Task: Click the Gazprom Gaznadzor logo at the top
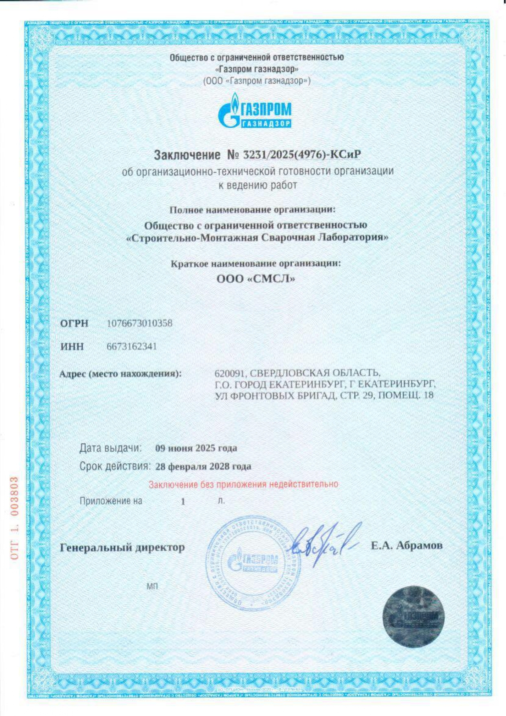(x=255, y=111)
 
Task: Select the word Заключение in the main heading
(x=187, y=155)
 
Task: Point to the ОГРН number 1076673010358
(x=139, y=324)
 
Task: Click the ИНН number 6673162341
(x=132, y=347)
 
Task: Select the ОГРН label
(x=74, y=324)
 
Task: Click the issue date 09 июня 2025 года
(x=196, y=448)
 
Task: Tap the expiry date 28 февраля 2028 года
(x=203, y=466)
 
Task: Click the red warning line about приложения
(x=243, y=485)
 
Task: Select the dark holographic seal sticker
(x=413, y=617)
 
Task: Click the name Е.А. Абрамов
(x=406, y=546)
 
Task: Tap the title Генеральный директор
(x=122, y=548)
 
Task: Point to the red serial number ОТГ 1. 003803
(x=15, y=518)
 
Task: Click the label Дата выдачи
(x=110, y=448)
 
